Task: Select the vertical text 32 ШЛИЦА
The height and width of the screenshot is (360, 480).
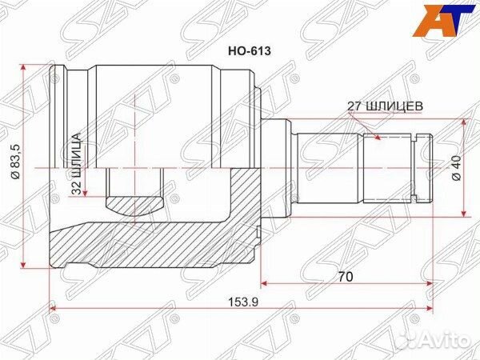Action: tap(77, 165)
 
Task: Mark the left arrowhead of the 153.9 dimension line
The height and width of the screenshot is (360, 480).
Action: tap(55, 308)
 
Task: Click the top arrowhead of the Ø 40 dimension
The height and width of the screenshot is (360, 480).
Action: tap(464, 122)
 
